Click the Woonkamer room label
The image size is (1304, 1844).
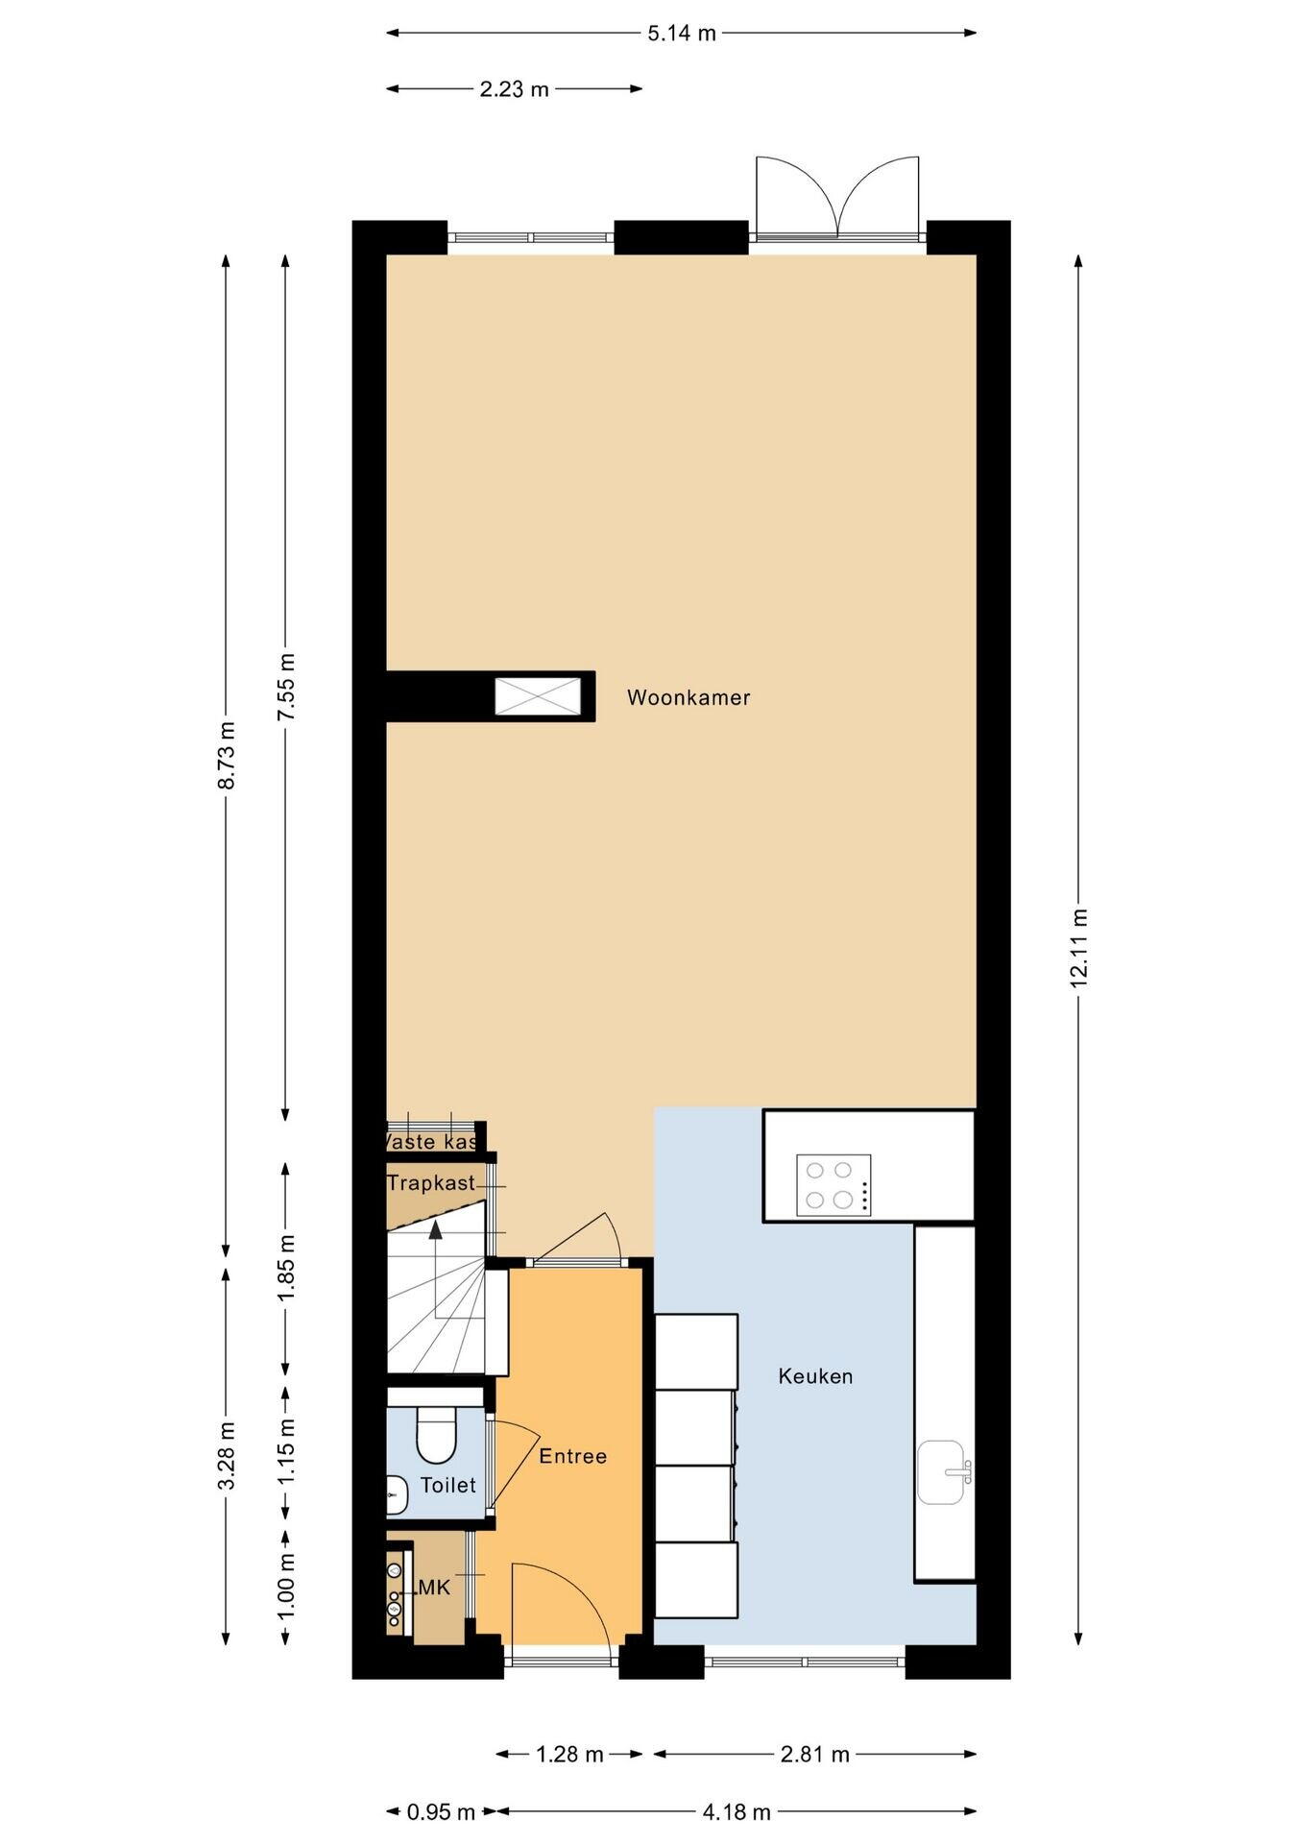688,697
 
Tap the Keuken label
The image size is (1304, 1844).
815,1376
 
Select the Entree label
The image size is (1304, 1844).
572,1456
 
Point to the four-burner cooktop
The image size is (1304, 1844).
833,1185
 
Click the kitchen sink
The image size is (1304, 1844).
942,1471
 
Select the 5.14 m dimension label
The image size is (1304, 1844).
682,34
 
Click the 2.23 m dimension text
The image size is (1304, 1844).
514,89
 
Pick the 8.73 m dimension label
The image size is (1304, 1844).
227,755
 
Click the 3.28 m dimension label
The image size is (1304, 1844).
227,1455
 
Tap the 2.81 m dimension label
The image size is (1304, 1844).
814,1755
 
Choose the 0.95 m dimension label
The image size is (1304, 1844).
442,1812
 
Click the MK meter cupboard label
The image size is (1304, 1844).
434,1588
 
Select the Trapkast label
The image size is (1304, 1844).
431,1182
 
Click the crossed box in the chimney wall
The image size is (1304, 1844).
539,696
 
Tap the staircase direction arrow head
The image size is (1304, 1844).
436,1228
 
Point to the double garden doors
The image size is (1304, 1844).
837,197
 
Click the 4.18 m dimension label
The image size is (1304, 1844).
736,1812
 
